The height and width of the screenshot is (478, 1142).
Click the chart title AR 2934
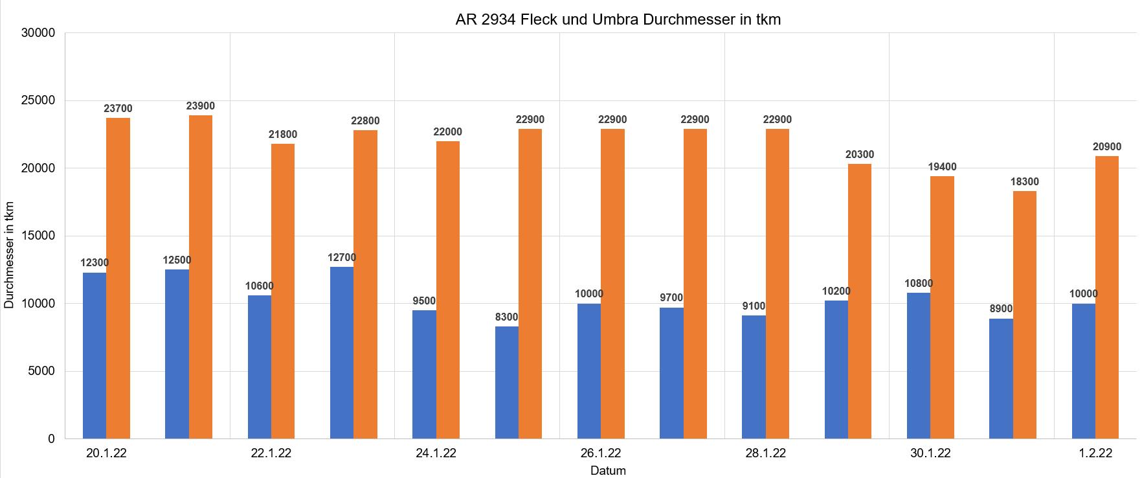[x=618, y=19]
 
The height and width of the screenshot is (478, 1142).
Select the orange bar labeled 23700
[x=118, y=279]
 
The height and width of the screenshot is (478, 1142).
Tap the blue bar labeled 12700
[x=342, y=353]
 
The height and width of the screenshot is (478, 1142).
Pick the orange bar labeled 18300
[x=1024, y=315]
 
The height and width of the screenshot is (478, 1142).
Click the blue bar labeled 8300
[x=507, y=382]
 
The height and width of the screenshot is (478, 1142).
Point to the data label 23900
[x=201, y=106]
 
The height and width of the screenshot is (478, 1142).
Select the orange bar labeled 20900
[x=1107, y=297]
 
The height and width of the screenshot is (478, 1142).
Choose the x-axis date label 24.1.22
[x=436, y=453]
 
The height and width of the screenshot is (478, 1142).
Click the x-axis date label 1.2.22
[x=1095, y=453]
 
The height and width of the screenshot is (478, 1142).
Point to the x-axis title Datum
[x=608, y=471]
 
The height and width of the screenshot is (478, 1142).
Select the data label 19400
[x=942, y=167]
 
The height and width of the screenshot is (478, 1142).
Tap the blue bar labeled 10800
[x=919, y=366]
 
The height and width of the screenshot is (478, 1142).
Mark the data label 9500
[x=424, y=301]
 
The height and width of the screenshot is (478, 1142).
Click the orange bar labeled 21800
[x=283, y=291]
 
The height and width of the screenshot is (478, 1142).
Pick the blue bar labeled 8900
[x=1001, y=379]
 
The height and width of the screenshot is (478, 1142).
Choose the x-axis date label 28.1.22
[x=765, y=453]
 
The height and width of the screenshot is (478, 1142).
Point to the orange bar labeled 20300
[x=860, y=301]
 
